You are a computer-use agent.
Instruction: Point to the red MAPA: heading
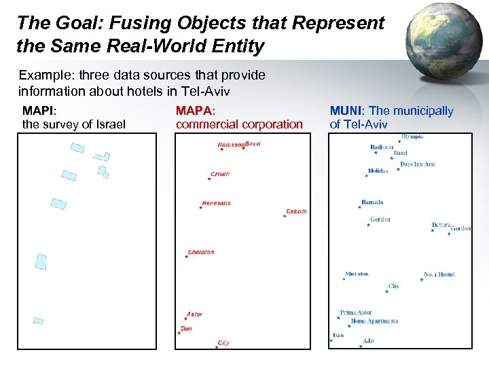[195, 111]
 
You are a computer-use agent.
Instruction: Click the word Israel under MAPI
[109, 124]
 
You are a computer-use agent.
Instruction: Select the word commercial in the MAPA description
[208, 124]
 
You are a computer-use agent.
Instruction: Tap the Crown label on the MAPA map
[220, 175]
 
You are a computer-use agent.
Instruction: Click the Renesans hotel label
[217, 203]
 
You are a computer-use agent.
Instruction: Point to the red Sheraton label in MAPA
[200, 252]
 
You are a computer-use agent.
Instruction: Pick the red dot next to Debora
[284, 216]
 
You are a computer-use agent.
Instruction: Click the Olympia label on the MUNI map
[412, 137]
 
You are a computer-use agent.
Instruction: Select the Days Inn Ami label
[417, 164]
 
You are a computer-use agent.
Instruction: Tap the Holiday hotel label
[378, 171]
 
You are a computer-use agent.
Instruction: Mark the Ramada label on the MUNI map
[372, 203]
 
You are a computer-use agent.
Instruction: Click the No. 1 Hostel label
[439, 275]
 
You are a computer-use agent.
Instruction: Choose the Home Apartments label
[374, 321]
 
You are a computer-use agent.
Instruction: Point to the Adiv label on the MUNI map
[369, 341]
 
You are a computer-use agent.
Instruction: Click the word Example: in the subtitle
[42, 75]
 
